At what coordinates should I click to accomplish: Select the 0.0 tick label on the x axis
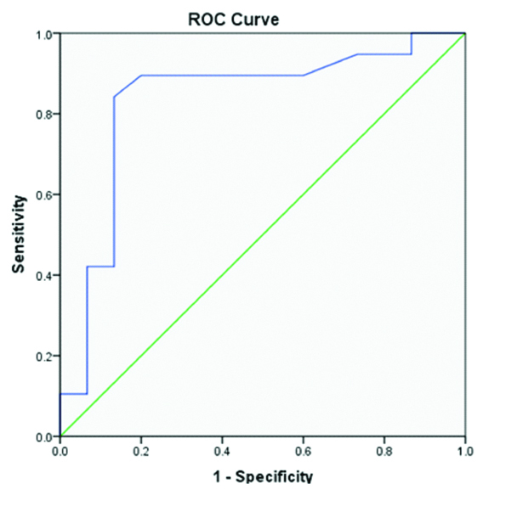tap(60, 451)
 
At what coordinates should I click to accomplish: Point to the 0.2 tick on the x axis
tap(141, 451)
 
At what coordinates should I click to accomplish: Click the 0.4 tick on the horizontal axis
tap(222, 451)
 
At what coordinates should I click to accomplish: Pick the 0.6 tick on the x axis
tap(303, 451)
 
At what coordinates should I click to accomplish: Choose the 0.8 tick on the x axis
tap(384, 451)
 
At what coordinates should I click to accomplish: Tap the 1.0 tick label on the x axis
tap(464, 451)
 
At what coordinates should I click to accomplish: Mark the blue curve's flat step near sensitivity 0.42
tap(100, 267)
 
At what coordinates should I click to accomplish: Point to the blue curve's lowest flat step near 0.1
tap(73, 394)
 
